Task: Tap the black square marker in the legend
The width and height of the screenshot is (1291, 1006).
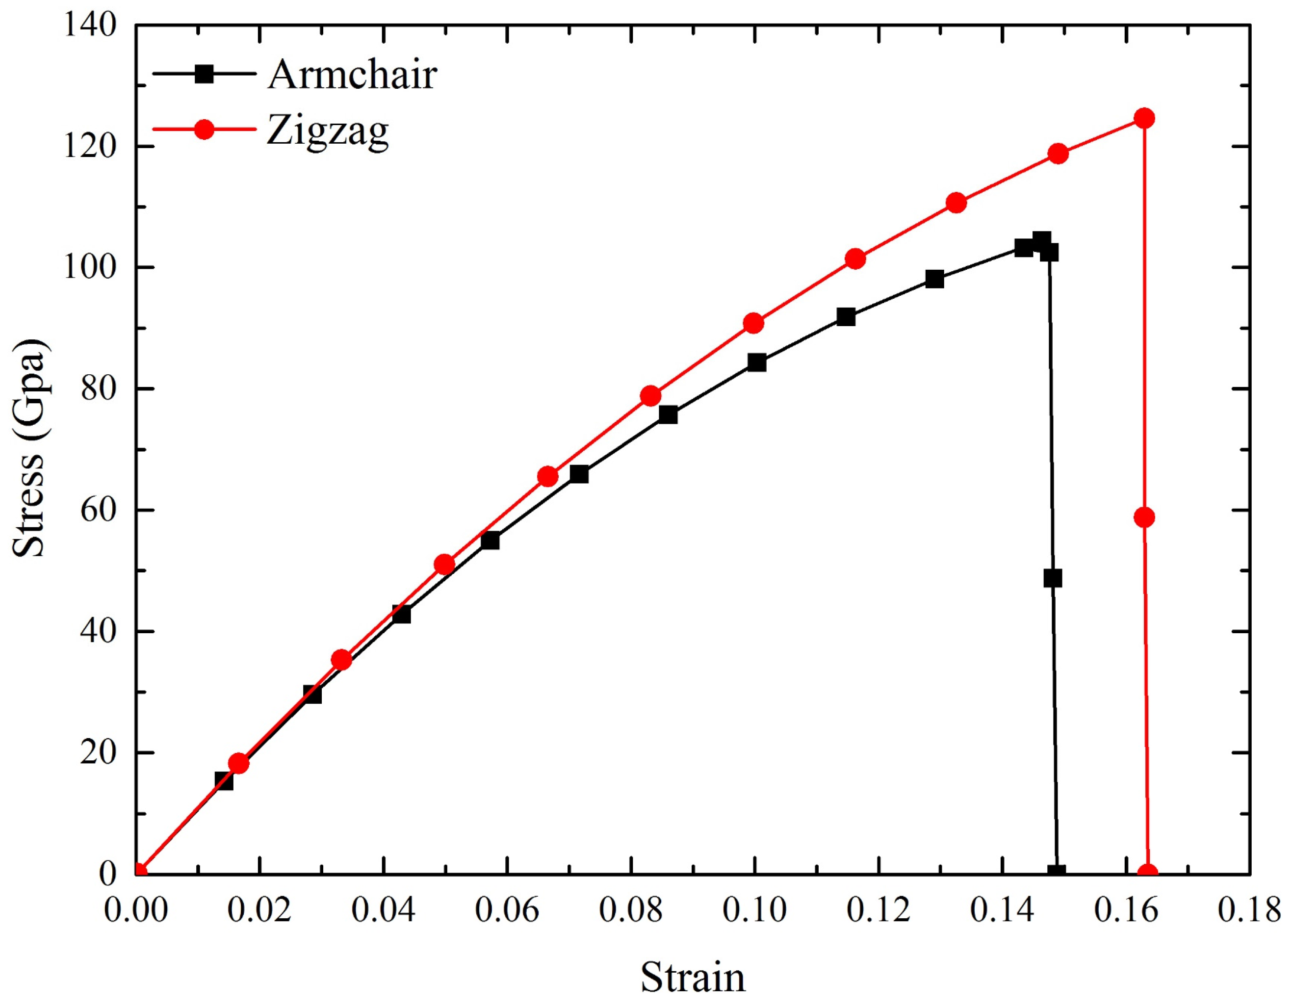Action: [x=205, y=74]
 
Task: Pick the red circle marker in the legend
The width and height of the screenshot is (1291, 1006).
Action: [x=205, y=129]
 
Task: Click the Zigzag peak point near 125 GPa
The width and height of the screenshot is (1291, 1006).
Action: [x=1144, y=118]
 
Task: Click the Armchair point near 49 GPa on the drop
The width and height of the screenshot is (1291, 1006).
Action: [x=1052, y=578]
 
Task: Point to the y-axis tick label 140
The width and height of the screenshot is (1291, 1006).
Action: [x=90, y=26]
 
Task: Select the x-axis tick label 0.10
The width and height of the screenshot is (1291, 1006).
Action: [x=754, y=911]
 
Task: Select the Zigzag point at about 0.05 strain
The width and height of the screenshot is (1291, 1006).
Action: [x=444, y=565]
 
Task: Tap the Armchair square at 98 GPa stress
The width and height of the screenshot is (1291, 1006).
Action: [x=934, y=279]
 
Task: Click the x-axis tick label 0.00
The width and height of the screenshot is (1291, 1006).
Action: [x=136, y=911]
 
